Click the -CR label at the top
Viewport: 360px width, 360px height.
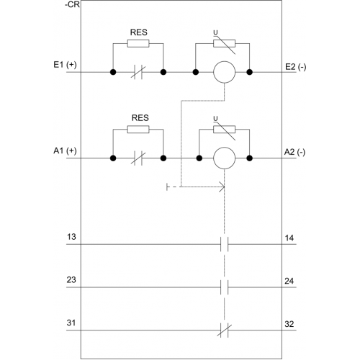[x=72, y=4]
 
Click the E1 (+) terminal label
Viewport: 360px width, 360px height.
[x=65, y=65]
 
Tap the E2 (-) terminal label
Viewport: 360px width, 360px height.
[x=295, y=67]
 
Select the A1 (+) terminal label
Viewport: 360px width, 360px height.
[x=65, y=150]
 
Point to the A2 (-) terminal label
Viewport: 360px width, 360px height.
[x=294, y=152]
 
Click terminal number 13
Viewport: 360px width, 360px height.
[x=71, y=237]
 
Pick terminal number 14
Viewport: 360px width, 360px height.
[x=289, y=238]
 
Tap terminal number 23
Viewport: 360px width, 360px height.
[x=71, y=280]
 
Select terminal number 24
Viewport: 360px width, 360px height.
[x=289, y=281]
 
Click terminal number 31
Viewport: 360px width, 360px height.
[x=71, y=323]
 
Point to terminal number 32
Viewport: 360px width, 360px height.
[x=289, y=324]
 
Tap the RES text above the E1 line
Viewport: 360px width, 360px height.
[x=139, y=32]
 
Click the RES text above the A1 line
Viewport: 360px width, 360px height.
[x=140, y=118]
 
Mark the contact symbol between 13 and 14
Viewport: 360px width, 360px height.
[x=225, y=244]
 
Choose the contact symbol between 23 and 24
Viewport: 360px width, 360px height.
[x=225, y=287]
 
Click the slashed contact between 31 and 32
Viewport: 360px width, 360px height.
[x=225, y=330]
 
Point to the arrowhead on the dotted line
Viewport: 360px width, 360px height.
[x=222, y=186]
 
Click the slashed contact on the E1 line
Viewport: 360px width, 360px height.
[x=138, y=72]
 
